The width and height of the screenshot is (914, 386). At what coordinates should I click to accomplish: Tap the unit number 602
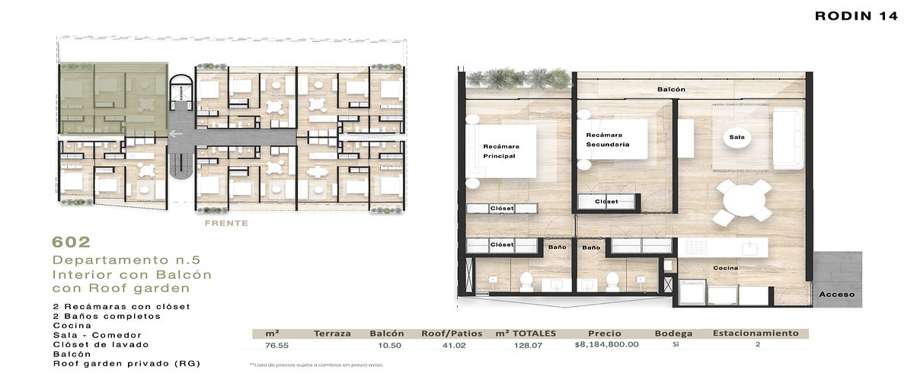click(71, 242)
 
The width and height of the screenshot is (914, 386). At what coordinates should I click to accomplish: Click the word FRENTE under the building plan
click(226, 223)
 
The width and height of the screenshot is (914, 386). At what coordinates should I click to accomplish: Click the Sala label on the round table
click(737, 138)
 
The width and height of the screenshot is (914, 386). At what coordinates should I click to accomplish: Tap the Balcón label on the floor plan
click(671, 90)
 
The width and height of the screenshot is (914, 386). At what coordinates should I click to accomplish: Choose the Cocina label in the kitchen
click(724, 268)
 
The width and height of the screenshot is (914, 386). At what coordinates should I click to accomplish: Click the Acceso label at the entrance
click(836, 294)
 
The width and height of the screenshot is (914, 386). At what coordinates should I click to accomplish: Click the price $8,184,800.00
click(606, 344)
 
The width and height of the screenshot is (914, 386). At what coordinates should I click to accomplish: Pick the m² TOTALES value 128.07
click(526, 344)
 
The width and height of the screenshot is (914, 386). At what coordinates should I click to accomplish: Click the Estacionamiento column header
click(755, 333)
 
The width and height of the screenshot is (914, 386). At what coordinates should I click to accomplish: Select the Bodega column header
click(673, 333)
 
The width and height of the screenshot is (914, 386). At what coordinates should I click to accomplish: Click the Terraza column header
click(332, 333)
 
